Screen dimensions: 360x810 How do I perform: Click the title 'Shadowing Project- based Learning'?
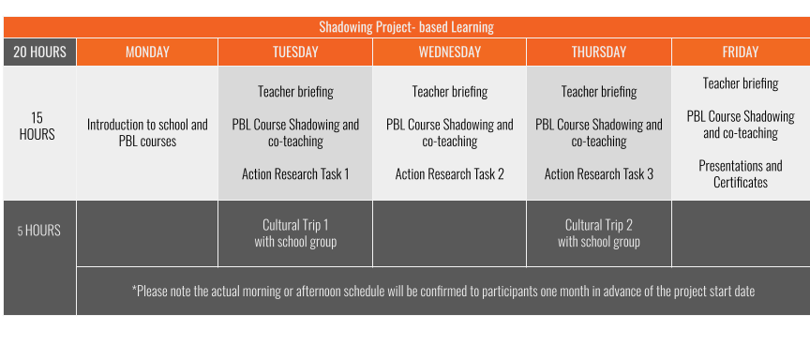405,27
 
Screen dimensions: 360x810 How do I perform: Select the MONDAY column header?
147,52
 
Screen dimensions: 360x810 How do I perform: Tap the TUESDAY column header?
295,52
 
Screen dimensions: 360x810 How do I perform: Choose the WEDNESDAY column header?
450,52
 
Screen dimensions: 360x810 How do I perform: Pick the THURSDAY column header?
599,52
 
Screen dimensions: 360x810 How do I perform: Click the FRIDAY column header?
741,52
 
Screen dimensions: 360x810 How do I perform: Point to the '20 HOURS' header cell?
39,52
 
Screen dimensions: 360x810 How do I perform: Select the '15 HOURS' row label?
37,126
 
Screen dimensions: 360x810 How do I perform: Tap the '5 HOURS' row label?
39,230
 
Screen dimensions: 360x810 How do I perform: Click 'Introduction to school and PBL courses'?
147,132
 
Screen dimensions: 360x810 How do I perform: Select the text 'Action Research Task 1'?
295,173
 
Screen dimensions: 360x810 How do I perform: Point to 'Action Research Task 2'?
450,173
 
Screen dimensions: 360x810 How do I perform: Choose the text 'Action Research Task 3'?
599,173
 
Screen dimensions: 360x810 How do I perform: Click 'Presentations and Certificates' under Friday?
741,173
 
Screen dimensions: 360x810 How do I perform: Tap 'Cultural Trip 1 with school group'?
295,232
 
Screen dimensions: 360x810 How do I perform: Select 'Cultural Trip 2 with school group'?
599,232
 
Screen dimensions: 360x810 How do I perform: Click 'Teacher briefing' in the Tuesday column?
295,92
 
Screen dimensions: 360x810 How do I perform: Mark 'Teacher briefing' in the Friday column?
741,83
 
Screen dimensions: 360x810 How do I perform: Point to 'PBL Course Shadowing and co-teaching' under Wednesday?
450,132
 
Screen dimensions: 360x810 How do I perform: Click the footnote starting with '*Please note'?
443,291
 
